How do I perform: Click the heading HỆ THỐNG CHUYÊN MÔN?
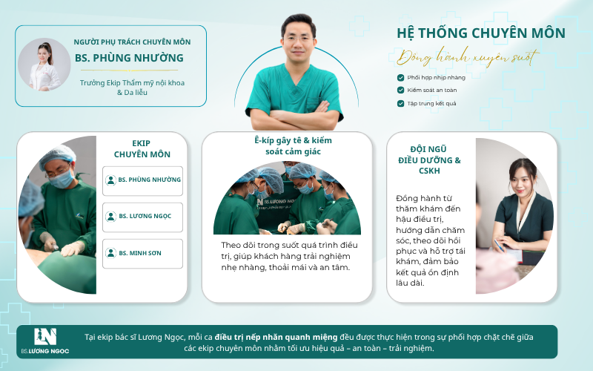tap(481, 33)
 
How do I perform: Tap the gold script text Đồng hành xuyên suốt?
tap(468, 58)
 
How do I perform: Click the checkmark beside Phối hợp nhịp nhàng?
tap(400, 78)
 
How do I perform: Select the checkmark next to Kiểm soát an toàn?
tap(400, 90)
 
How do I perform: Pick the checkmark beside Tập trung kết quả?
tap(400, 103)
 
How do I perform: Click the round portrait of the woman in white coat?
tap(44, 65)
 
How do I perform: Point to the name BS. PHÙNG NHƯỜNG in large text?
tap(129, 58)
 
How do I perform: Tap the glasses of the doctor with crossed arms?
tap(298, 39)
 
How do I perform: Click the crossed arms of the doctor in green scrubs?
tap(296, 117)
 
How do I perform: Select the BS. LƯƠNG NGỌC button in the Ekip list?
tap(142, 217)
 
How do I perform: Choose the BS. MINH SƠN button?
tap(142, 254)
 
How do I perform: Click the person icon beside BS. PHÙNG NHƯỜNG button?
tap(110, 180)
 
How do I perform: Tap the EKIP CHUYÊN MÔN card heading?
tap(142, 149)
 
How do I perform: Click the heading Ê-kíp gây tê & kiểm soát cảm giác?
tap(293, 145)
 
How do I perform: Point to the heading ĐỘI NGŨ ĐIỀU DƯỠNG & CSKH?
tap(429, 160)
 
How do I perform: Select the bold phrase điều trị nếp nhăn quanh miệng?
tap(276, 337)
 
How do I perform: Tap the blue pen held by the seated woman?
tap(499, 246)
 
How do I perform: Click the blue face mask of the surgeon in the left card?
tap(62, 179)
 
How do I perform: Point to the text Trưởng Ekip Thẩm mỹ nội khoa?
tap(132, 83)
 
